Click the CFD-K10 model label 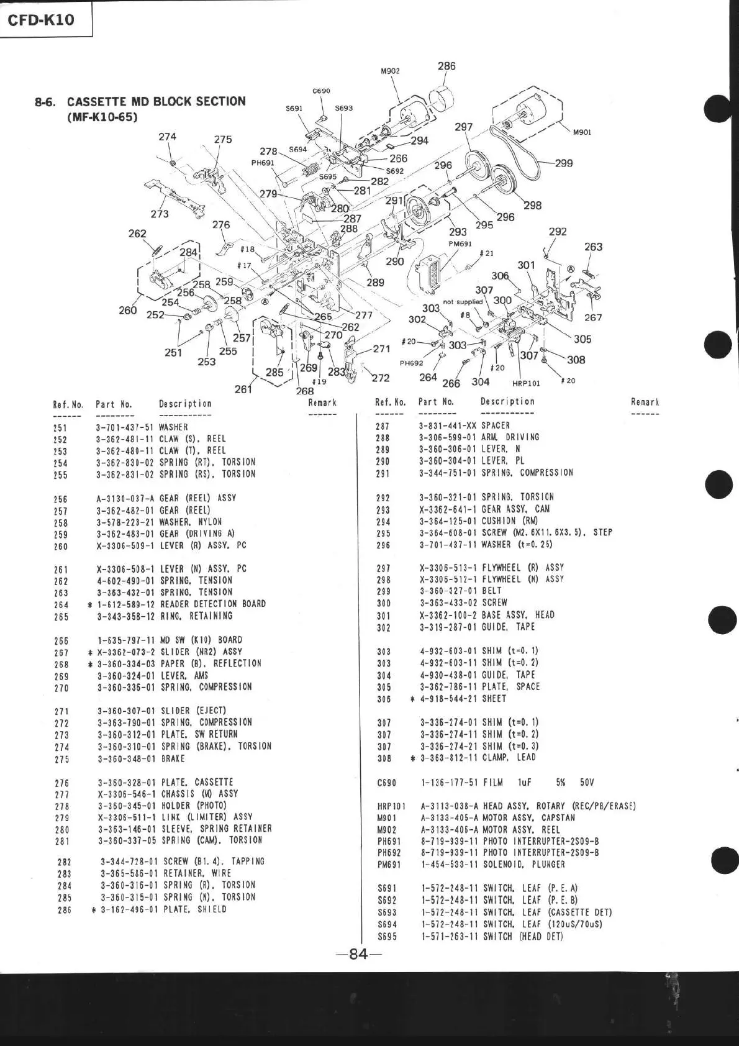41,19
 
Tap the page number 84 358,954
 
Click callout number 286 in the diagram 446,66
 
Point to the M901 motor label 582,132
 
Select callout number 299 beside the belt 563,163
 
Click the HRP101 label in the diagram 526,383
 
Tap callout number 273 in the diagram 160,214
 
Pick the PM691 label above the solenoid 460,244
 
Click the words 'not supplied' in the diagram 463,302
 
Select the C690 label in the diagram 321,91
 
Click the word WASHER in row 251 173,427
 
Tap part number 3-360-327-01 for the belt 447,591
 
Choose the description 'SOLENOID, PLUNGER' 524,864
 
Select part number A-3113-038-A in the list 449,806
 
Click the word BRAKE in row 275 173,759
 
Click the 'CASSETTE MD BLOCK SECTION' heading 156,101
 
